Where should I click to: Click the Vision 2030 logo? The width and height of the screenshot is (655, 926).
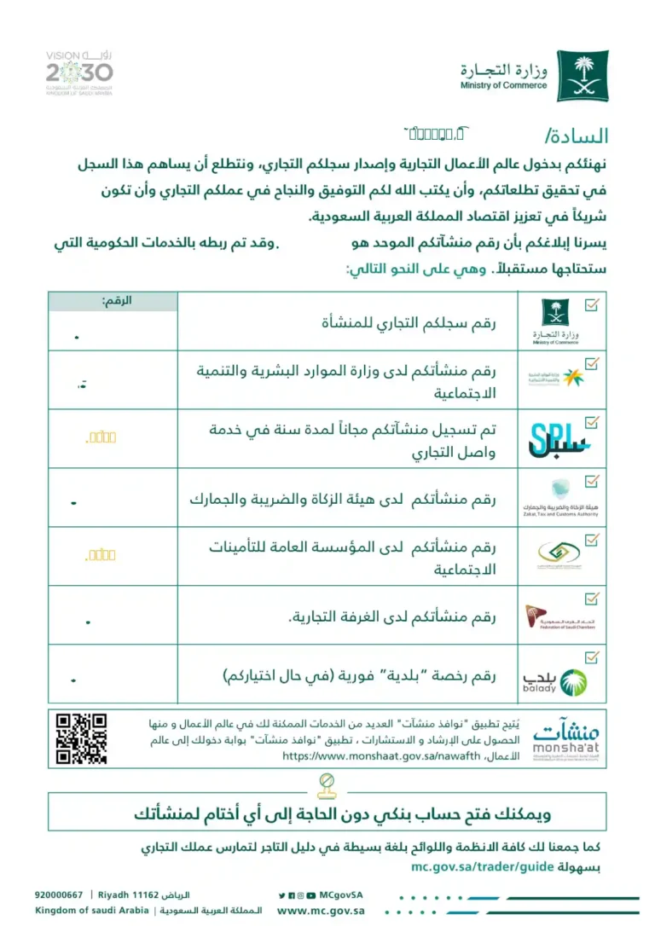(x=79, y=73)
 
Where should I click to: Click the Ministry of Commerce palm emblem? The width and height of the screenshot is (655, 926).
(x=583, y=76)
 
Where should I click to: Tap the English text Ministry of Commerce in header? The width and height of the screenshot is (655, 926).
(x=503, y=85)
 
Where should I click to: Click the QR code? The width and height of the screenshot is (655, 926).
(x=81, y=738)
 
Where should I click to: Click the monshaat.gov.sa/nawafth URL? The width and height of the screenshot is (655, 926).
(x=376, y=755)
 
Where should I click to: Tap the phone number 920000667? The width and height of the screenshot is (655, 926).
(x=59, y=895)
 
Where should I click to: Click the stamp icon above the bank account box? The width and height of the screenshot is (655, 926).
(x=326, y=783)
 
